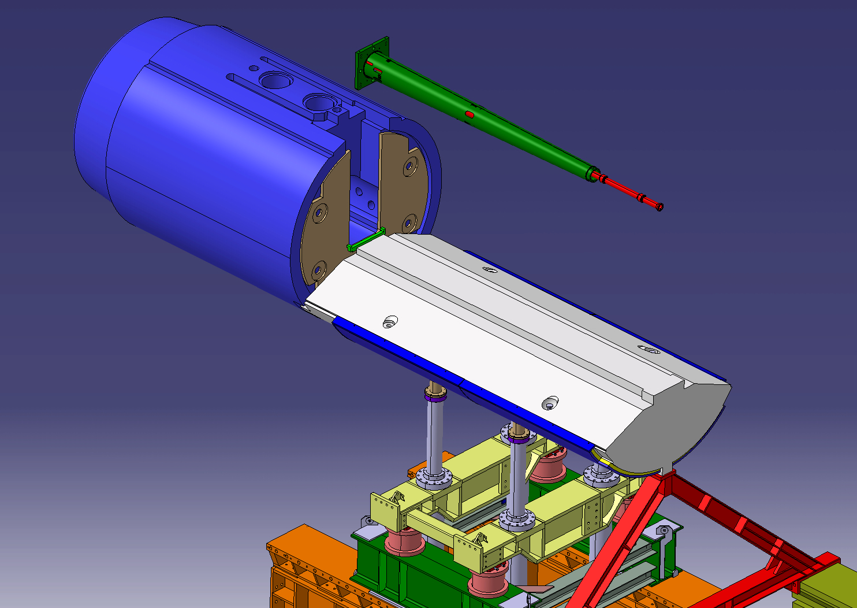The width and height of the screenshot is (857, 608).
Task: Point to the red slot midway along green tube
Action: click(469, 114)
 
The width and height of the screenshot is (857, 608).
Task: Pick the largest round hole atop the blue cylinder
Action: click(275, 79)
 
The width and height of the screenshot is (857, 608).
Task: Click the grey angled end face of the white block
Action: click(664, 428)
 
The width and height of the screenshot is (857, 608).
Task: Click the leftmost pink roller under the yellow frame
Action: click(403, 540)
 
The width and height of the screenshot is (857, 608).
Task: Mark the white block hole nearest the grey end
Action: click(550, 403)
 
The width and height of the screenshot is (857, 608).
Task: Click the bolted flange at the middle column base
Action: click(516, 520)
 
